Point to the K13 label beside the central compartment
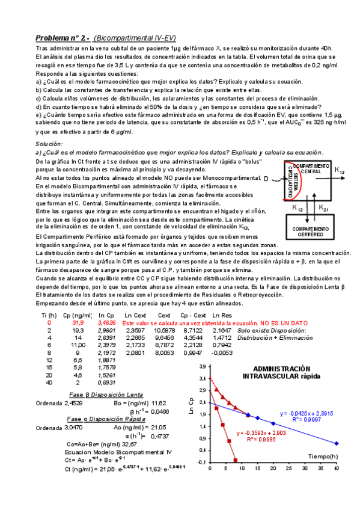tap(340, 171)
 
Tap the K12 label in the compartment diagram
tap(297, 207)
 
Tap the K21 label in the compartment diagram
tap(323, 207)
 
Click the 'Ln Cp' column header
tap(106, 315)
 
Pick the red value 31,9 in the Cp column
tap(79, 323)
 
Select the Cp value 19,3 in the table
tap(79, 331)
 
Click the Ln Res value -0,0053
tap(223, 354)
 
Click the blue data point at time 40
tap(337, 443)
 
